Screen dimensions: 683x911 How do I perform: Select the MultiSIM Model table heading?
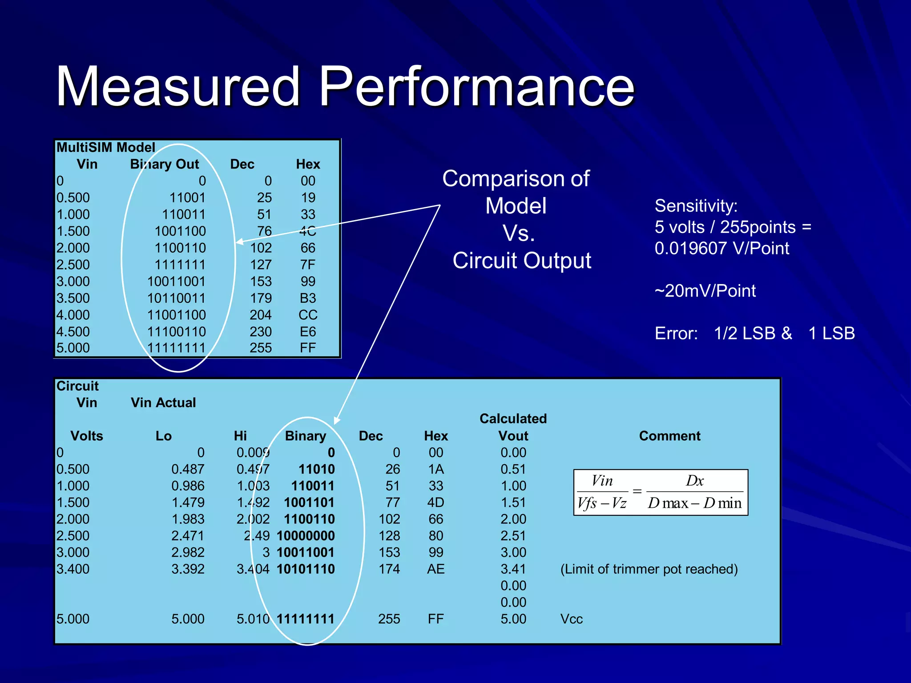pyautogui.click(x=105, y=147)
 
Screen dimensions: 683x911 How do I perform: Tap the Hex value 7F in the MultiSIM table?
pyautogui.click(x=307, y=265)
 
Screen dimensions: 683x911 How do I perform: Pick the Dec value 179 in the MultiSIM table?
pyautogui.click(x=261, y=298)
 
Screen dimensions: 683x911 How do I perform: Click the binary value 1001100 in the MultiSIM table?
pyautogui.click(x=180, y=231)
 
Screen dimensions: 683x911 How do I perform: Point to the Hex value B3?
pyautogui.click(x=308, y=298)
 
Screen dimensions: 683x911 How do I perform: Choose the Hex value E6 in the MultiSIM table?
pyautogui.click(x=308, y=332)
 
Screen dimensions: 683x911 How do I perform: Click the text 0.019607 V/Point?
pyautogui.click(x=722, y=248)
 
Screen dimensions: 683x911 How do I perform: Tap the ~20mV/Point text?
pyautogui.click(x=705, y=291)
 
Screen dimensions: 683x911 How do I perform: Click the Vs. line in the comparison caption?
pyautogui.click(x=518, y=233)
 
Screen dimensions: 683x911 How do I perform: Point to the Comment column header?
pyautogui.click(x=669, y=436)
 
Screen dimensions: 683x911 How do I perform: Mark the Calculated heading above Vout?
pyautogui.click(x=513, y=418)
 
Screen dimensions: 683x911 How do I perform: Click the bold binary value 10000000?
pyautogui.click(x=306, y=536)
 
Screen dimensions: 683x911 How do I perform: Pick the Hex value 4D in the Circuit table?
pyautogui.click(x=435, y=502)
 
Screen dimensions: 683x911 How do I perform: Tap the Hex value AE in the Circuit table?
pyautogui.click(x=435, y=569)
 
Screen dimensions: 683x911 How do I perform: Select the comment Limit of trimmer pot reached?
pyautogui.click(x=649, y=569)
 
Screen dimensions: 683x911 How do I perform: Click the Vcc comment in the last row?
pyautogui.click(x=571, y=619)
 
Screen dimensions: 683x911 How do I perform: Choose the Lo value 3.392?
pyautogui.click(x=188, y=569)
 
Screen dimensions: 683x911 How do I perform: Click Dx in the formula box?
pyautogui.click(x=694, y=481)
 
